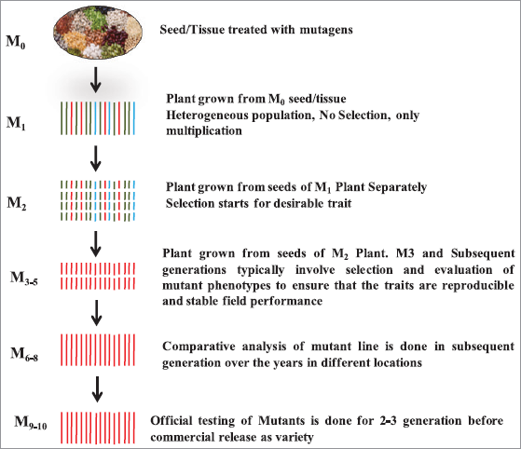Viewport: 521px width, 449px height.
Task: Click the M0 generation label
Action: tap(16, 42)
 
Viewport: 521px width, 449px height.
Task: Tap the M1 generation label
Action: tap(16, 124)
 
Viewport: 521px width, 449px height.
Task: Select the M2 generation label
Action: tap(17, 203)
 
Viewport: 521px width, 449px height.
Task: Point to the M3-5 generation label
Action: tap(24, 279)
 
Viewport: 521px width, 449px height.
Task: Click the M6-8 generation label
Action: tap(24, 354)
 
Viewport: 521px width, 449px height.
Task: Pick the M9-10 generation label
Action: tap(31, 423)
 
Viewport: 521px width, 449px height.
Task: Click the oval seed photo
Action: tap(98, 32)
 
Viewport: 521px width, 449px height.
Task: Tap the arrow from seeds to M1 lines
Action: tap(96, 80)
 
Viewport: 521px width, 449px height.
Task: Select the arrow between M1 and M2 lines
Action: tap(96, 158)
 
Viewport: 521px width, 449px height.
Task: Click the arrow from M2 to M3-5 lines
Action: tap(96, 244)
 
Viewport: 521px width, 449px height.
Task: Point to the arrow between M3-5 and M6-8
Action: tap(96, 313)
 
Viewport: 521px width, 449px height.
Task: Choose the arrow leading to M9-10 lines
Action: tap(97, 389)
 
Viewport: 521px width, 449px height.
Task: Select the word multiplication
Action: tap(204, 130)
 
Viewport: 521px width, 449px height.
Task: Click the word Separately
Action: tap(398, 187)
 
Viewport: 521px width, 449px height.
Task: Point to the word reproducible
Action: tap(478, 286)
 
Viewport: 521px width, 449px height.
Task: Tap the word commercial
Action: tap(182, 437)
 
